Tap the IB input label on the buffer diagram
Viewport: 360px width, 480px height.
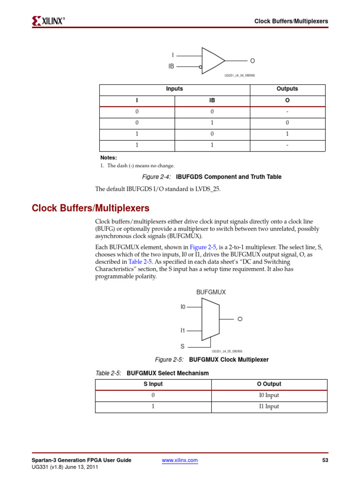pos(171,67)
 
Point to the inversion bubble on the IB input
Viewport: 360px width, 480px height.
pos(201,67)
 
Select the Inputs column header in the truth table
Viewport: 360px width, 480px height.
pos(174,89)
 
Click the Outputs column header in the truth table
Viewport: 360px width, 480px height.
pos(287,89)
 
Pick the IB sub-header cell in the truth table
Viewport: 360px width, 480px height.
pos(212,101)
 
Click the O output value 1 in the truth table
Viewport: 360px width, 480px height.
pos(287,134)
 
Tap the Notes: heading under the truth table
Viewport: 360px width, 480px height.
pos(108,157)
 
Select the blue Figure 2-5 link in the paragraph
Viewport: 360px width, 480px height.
pos(202,247)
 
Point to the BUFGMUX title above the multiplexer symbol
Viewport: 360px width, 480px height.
pos(211,292)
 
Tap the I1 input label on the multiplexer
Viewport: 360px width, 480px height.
pos(183,330)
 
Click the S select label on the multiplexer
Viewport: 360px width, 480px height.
pos(183,346)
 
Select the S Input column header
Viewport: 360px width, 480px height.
pos(153,384)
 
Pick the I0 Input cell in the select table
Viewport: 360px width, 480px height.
pos(269,395)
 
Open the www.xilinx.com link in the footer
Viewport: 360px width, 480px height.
pos(180,460)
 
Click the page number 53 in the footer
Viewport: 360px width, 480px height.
pos(325,460)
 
